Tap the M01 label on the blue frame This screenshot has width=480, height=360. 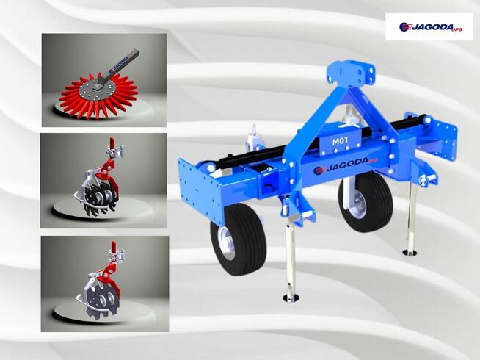(340, 141)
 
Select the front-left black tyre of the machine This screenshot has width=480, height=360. (239, 240)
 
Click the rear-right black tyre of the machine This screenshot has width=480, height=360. (366, 202)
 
